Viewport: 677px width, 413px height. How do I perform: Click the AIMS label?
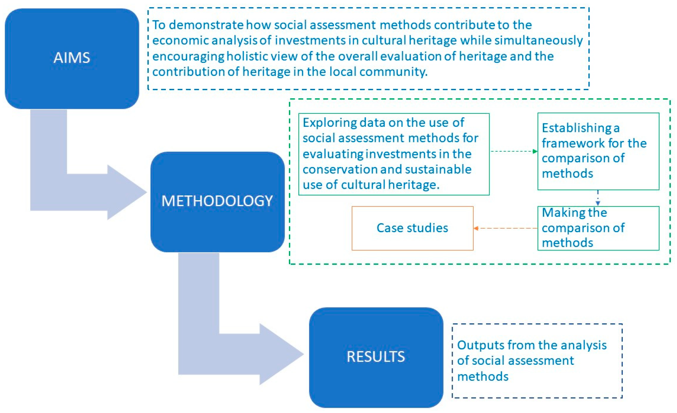pos(72,58)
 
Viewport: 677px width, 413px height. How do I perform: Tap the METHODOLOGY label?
pos(217,201)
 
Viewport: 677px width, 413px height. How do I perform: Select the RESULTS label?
pos(376,357)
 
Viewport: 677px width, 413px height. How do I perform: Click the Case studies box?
pos(412,228)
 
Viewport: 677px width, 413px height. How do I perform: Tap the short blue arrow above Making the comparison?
pos(598,198)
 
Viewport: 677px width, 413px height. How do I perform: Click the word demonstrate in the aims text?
pos(206,25)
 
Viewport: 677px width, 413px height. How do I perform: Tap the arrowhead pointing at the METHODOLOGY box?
pos(129,192)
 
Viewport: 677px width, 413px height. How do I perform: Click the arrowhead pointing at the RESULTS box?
pos(283,354)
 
